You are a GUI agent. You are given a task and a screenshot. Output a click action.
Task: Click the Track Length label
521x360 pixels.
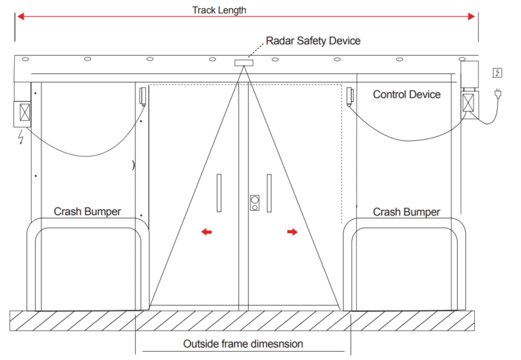[218, 9]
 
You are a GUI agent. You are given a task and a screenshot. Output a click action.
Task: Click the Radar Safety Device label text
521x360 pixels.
[313, 41]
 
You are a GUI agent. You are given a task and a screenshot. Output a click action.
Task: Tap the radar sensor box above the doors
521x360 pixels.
[244, 63]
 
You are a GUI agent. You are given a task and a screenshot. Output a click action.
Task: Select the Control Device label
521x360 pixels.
[406, 94]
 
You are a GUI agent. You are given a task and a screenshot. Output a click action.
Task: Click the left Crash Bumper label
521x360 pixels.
[88, 212]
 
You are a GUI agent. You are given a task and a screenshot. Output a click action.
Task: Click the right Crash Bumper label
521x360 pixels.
[406, 212]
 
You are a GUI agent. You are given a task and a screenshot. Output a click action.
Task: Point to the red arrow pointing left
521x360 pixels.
[206, 232]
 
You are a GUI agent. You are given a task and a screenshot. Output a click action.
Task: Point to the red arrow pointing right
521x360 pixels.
[292, 232]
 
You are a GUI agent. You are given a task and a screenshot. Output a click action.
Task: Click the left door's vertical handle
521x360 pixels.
[218, 192]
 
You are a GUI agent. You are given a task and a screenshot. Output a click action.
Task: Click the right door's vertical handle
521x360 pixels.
[269, 192]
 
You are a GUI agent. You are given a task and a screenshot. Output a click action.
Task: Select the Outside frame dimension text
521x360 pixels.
[243, 344]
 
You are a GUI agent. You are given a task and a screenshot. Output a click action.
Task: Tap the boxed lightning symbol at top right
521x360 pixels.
[497, 73]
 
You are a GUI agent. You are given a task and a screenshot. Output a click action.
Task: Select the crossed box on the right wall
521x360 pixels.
[469, 102]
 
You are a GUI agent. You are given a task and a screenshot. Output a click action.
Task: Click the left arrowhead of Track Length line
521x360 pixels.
[19, 16]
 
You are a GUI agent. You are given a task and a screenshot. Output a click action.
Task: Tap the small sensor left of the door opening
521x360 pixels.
[142, 96]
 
